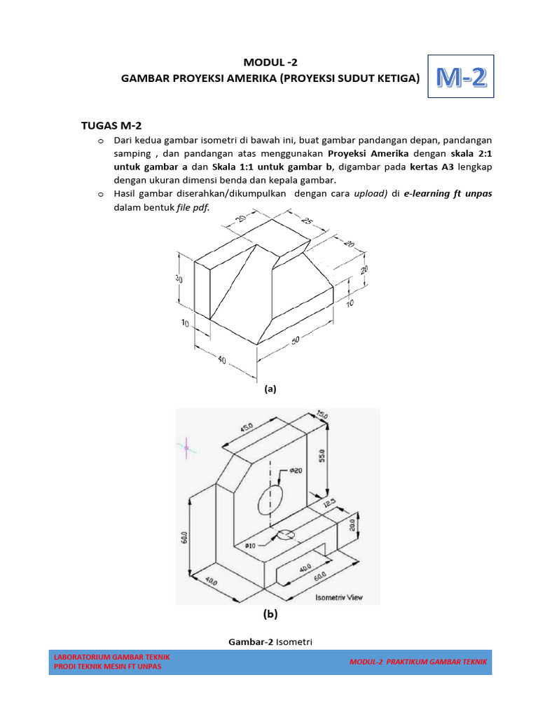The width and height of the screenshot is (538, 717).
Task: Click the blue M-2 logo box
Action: [x=460, y=78]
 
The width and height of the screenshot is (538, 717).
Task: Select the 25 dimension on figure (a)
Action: [x=307, y=222]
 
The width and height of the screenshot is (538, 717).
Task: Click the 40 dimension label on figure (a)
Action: [x=222, y=361]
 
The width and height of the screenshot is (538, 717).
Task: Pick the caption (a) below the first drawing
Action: [x=270, y=389]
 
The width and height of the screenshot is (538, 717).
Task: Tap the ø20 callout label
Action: [x=297, y=471]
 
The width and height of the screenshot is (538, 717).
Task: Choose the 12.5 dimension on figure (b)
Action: [x=329, y=503]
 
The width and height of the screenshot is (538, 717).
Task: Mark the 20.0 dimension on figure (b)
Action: [x=353, y=524]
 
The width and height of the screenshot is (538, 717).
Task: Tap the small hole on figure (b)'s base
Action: [x=285, y=536]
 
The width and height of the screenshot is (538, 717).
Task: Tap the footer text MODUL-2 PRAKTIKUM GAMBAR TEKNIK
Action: [x=418, y=662]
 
